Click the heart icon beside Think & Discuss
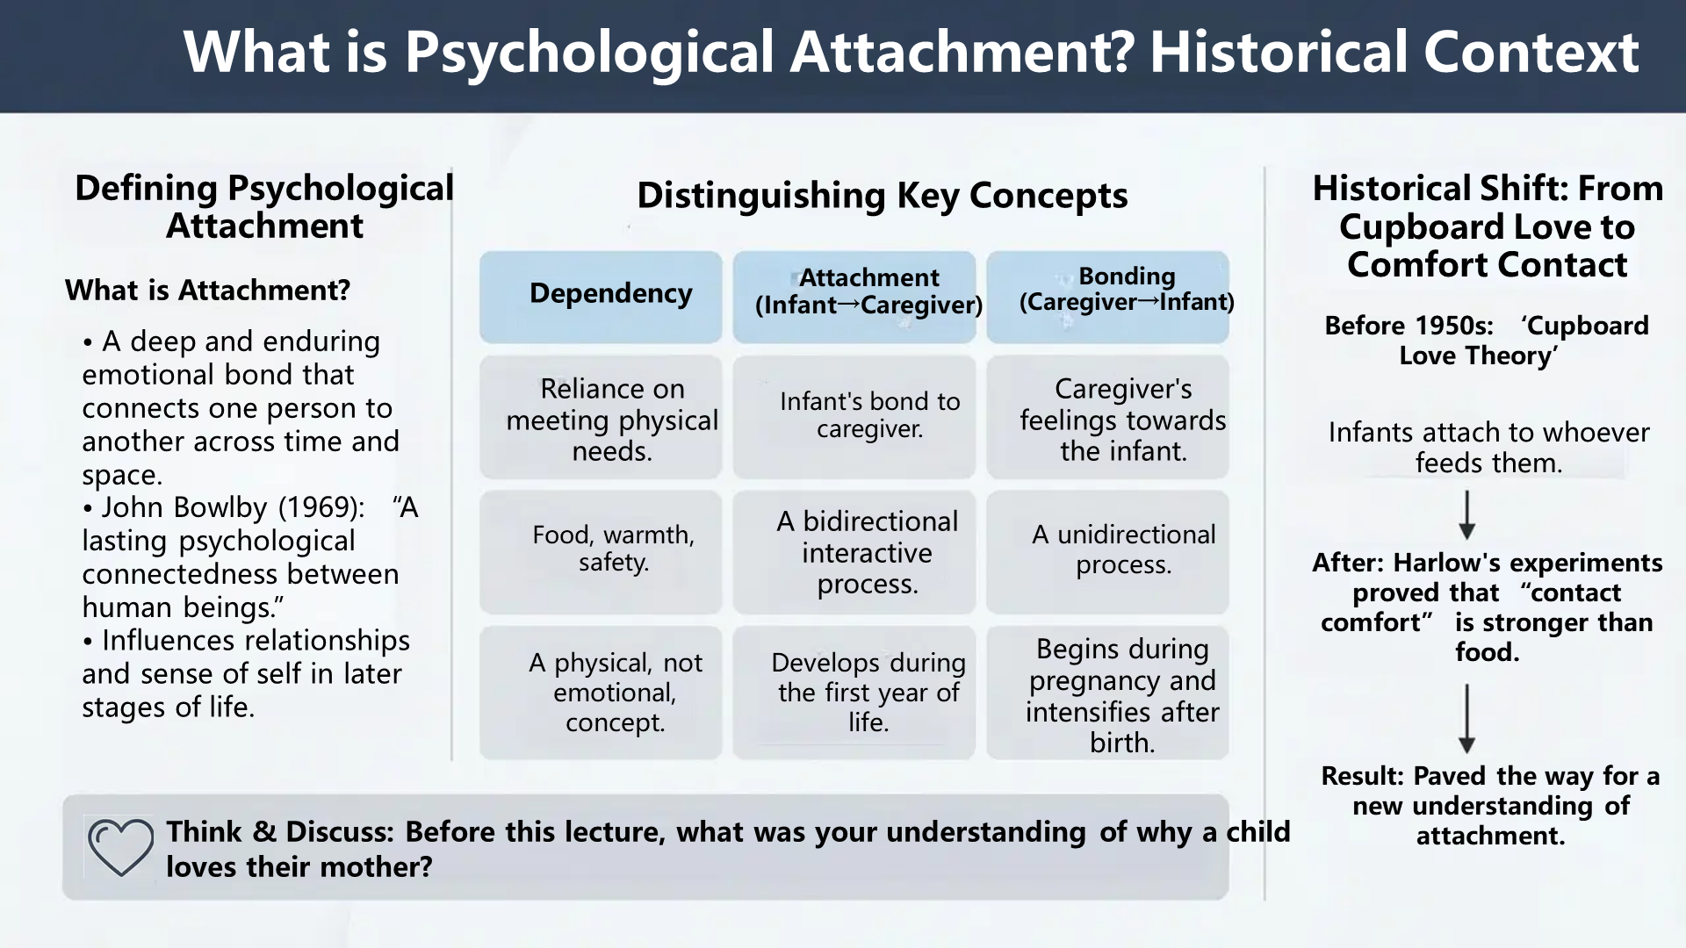tap(120, 847)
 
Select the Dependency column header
tap(602, 296)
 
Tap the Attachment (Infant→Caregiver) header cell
tap(854, 296)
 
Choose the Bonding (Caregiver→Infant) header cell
tap(1107, 296)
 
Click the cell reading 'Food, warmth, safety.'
tap(602, 550)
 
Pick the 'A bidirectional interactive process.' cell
tap(854, 552)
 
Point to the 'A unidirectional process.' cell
tap(1107, 550)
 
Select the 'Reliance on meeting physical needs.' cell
tap(602, 419)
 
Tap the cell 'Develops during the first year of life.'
tap(854, 693)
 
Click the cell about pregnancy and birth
tap(1107, 694)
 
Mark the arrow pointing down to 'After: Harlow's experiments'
tap(1466, 515)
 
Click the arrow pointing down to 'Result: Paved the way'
tap(1466, 719)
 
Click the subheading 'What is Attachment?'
tap(207, 291)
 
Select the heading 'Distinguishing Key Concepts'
tap(882, 196)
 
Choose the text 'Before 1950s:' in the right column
tap(1408, 326)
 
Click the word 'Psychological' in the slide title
tap(587, 53)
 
